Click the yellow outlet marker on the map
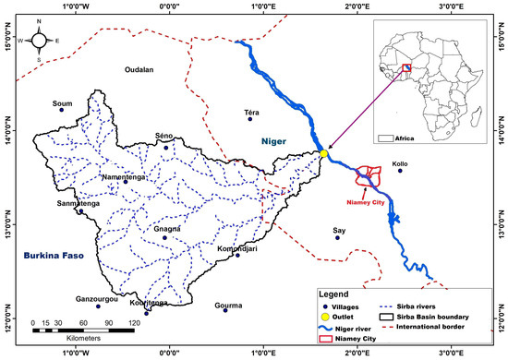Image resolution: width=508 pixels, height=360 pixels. coord(323,154)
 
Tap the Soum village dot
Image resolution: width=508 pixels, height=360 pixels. coord(62,110)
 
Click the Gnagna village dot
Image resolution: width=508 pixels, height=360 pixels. coord(164,237)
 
